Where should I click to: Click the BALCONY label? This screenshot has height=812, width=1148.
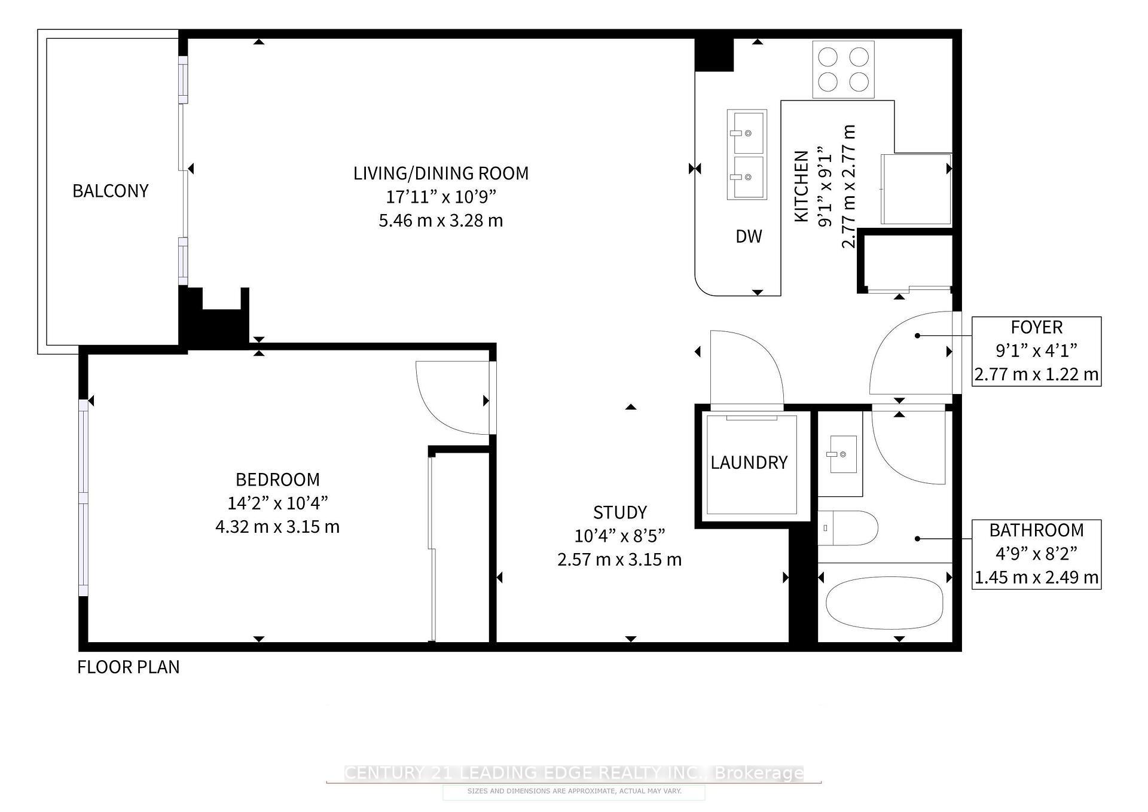[x=111, y=191]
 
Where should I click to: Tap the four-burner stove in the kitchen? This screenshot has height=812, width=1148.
[x=843, y=69]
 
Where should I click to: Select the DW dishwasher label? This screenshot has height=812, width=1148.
[x=749, y=237]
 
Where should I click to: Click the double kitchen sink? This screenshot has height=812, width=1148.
[x=747, y=154]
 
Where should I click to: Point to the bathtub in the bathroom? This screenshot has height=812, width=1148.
[x=883, y=603]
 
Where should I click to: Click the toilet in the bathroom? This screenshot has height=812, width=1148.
[x=847, y=528]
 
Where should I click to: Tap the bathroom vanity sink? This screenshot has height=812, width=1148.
[x=842, y=454]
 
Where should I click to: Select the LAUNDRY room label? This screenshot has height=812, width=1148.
[x=749, y=462]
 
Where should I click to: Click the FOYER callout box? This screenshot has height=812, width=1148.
[x=1036, y=351]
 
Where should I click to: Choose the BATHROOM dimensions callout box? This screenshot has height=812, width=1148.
[x=1036, y=554]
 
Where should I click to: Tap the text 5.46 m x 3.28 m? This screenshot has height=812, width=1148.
[x=441, y=221]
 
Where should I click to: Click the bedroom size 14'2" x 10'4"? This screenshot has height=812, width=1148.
[x=277, y=503]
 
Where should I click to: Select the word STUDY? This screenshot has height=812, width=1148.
[x=619, y=512]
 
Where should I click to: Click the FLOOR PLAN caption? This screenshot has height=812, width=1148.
[x=129, y=667]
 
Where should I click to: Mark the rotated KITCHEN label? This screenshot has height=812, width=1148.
[x=801, y=187]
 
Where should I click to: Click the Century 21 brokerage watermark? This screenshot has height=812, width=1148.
[x=574, y=773]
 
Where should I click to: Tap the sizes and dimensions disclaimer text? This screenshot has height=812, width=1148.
[x=574, y=791]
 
